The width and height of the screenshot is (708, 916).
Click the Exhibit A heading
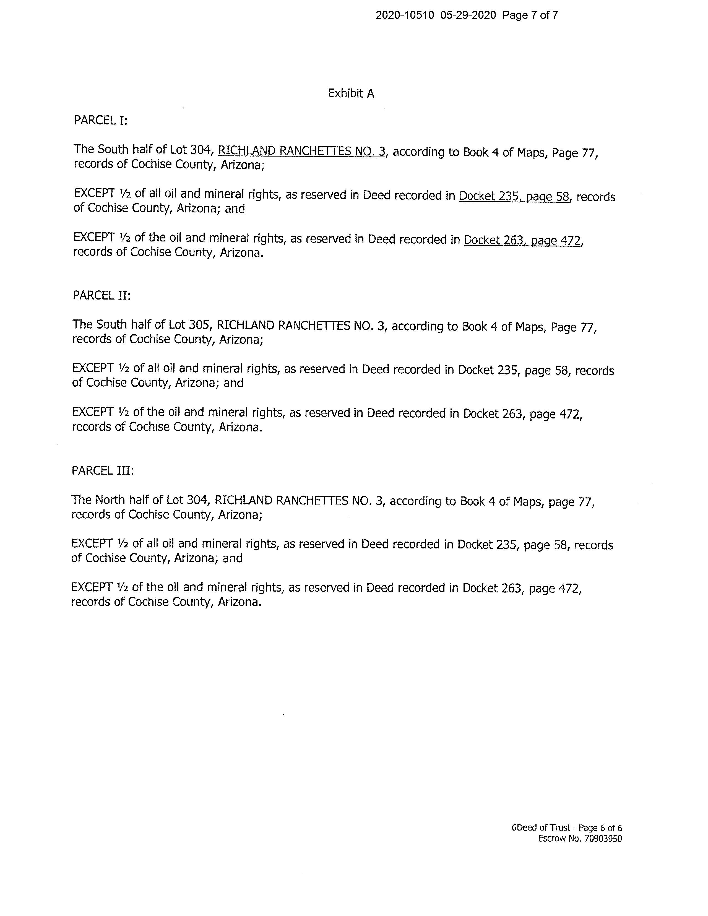point(351,93)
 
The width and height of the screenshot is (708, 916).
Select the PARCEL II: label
point(101,295)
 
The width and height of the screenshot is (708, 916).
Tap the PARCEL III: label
point(103,470)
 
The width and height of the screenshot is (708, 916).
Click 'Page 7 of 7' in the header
point(530,15)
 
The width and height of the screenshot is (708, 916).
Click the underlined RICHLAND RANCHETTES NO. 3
point(301,151)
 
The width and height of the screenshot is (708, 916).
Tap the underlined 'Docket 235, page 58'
point(514,196)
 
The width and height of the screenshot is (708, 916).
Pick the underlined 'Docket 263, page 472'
point(522,240)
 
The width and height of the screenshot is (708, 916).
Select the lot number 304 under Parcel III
point(199,500)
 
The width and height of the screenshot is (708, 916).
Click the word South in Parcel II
point(111,325)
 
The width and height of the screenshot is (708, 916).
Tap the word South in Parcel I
point(113,150)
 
